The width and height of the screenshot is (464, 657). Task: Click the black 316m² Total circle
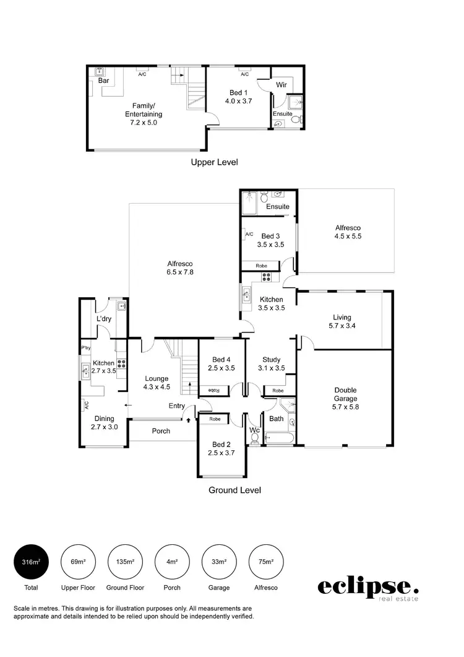31,562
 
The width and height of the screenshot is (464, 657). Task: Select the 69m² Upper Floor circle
78,562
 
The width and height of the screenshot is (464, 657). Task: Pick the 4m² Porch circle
172,562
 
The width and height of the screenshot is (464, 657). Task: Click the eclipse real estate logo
368,588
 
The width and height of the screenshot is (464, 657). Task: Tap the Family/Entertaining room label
144,114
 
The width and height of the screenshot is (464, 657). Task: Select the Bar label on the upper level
104,80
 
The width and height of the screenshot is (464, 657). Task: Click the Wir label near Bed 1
281,84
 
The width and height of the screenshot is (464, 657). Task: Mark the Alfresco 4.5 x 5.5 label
348,232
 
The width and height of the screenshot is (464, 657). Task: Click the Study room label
271,360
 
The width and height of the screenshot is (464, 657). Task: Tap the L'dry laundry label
103,319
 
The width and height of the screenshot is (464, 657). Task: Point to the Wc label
254,430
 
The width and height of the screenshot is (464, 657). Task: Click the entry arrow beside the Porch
188,420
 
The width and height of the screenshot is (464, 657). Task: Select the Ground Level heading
234,490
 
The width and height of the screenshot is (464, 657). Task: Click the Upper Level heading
214,162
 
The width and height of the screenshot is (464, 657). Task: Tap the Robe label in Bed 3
262,266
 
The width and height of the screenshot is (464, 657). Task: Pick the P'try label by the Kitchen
85,349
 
